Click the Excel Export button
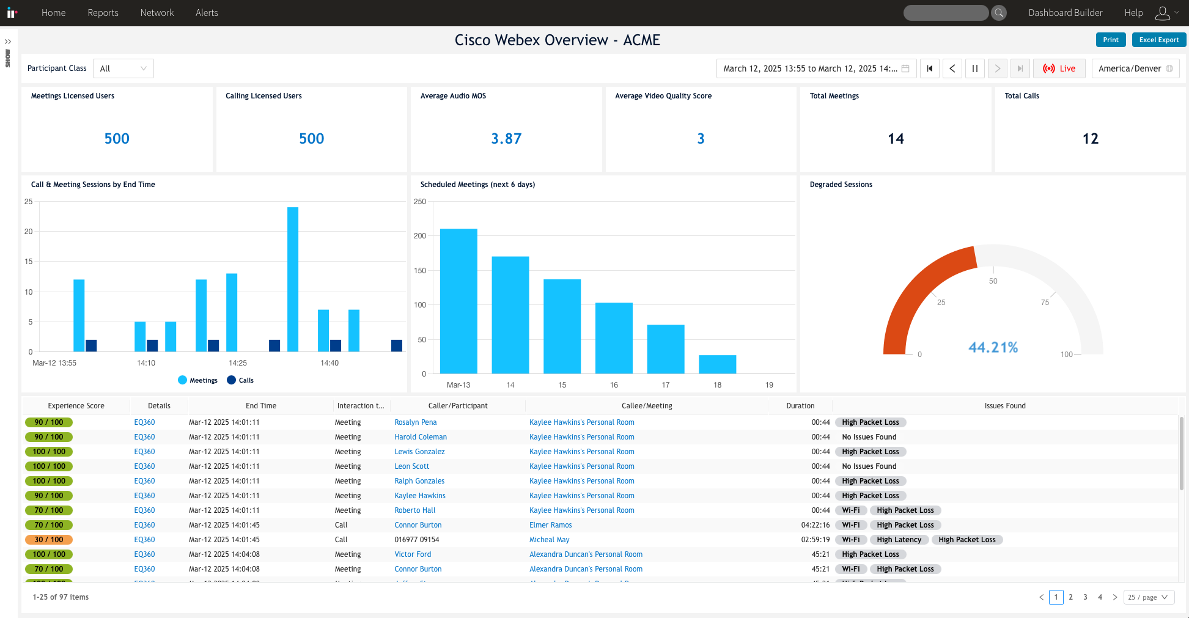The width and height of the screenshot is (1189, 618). (1158, 40)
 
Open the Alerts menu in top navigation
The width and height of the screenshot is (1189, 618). (207, 13)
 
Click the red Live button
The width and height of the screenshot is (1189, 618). (1059, 68)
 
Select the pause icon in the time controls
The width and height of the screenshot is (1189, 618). (974, 68)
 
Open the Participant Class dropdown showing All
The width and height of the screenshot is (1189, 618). (123, 68)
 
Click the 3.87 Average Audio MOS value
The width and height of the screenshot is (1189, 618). (506, 139)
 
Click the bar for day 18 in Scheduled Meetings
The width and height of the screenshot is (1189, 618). (717, 364)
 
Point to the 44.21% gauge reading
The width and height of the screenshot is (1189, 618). (993, 347)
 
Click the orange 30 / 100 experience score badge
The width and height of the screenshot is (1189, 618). (49, 540)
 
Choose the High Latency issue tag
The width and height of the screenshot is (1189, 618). (899, 540)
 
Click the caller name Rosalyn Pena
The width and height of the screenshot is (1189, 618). (415, 422)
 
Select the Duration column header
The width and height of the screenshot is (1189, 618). (800, 406)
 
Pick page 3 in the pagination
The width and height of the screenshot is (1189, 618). (1085, 597)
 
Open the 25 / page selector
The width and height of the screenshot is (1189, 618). (1148, 597)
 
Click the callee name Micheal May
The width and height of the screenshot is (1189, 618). (549, 540)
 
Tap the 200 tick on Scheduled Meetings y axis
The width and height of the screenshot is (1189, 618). (420, 236)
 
